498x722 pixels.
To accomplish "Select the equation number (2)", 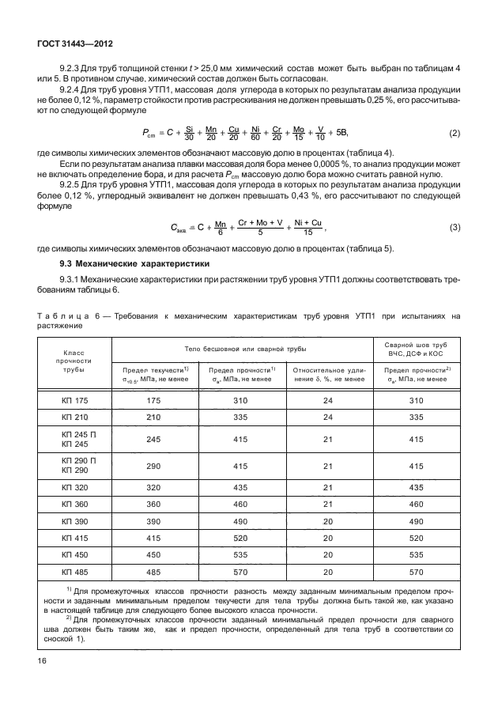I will click(x=455, y=133).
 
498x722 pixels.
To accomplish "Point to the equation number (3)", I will click(x=455, y=228).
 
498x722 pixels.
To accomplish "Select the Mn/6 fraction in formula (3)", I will click(x=221, y=228).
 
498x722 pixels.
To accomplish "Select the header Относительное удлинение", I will click(x=329, y=374).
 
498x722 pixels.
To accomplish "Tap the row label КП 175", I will click(x=75, y=401).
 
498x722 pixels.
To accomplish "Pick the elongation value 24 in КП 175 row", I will click(x=329, y=401).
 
